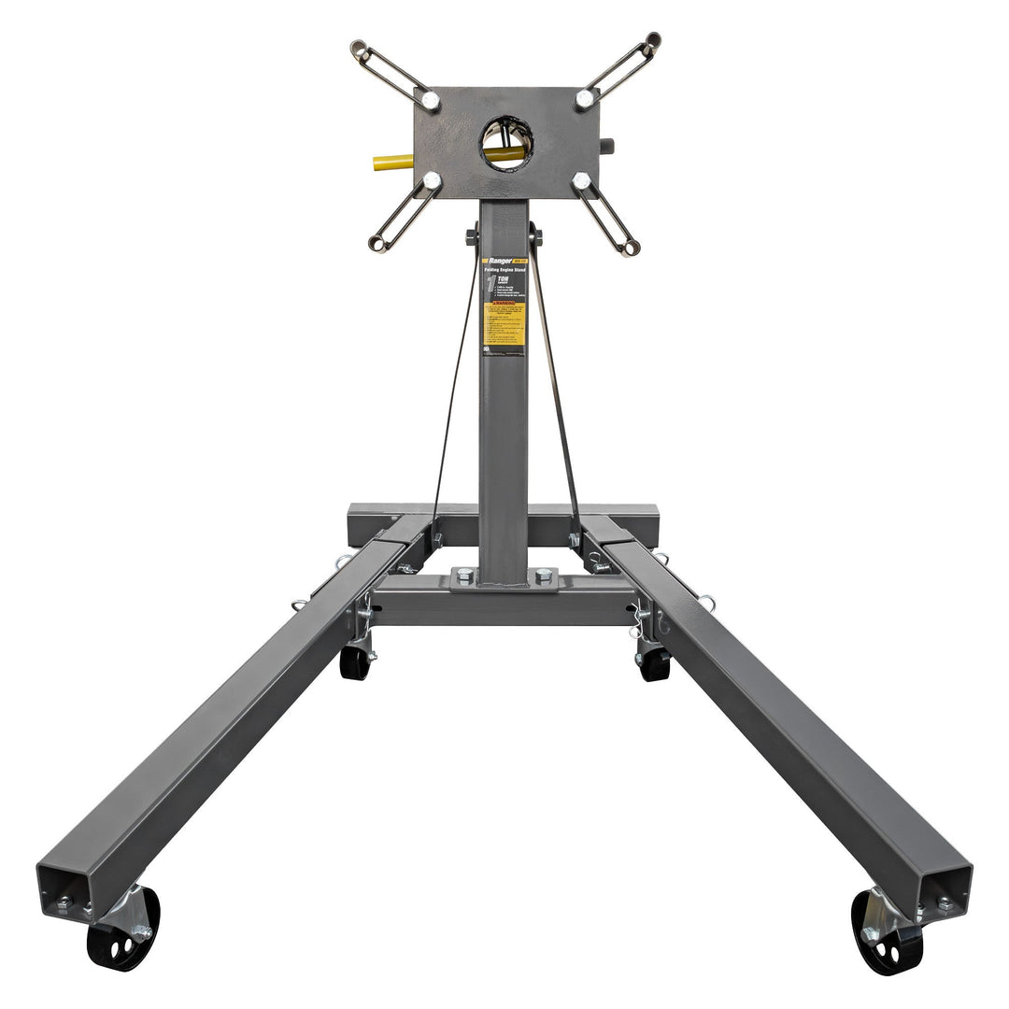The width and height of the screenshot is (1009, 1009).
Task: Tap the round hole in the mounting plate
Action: tap(506, 142)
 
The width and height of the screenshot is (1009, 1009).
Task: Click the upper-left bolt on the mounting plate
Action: tap(430, 100)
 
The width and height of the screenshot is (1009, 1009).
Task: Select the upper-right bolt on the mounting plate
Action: tap(585, 98)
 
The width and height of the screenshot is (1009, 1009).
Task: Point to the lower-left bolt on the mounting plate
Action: tap(432, 180)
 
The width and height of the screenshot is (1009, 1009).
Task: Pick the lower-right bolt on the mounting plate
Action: tap(581, 181)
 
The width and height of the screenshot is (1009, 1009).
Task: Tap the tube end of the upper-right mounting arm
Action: tap(652, 39)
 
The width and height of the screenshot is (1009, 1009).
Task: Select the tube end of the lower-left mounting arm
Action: tap(377, 245)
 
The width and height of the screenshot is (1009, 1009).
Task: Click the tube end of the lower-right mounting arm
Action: tap(632, 249)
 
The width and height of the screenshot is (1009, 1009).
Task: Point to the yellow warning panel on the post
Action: tap(504, 323)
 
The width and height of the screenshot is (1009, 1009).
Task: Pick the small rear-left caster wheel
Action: tap(355, 661)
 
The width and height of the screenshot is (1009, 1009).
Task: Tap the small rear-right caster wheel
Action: tap(654, 663)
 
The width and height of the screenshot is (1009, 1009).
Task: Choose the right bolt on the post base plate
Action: tap(542, 576)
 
